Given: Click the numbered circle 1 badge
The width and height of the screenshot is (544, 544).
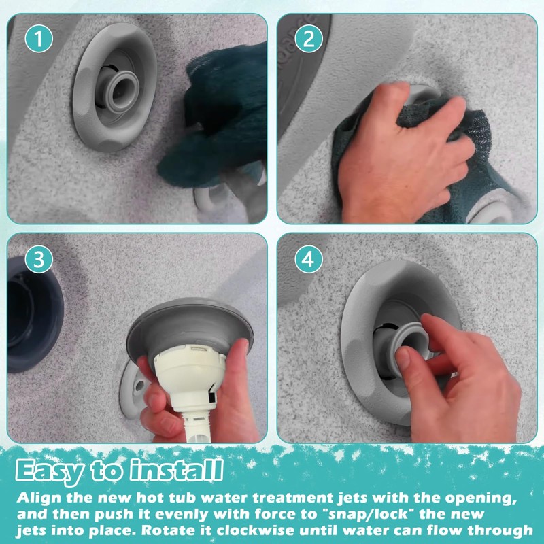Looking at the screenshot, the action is click(x=39, y=39).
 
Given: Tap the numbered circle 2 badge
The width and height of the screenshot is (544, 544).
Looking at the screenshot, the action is click(x=309, y=39).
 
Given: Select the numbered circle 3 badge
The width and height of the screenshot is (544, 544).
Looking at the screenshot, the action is click(x=39, y=259).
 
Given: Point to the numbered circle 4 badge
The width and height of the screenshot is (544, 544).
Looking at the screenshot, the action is click(x=309, y=259).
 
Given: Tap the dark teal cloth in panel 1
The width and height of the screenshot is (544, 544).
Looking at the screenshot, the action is click(x=218, y=118).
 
